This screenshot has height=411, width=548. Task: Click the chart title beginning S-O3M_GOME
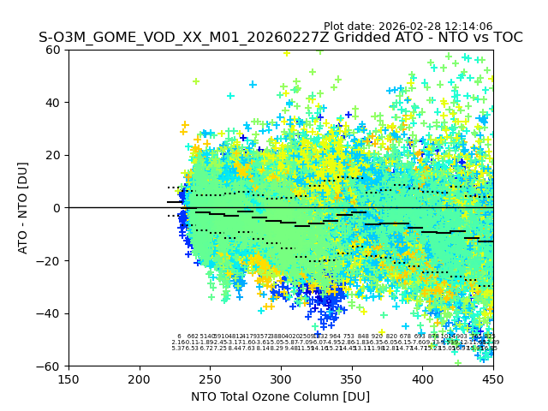coord(280,39)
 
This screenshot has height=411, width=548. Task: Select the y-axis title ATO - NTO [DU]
coord(24,208)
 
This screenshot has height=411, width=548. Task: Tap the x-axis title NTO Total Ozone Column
coord(280,396)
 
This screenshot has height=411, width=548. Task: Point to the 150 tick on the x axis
coord(68,378)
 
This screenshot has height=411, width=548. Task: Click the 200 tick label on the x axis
coord(140,378)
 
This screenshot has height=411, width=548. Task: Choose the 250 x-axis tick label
coord(210,378)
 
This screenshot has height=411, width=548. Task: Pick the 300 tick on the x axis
coord(281,378)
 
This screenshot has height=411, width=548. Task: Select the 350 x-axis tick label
coord(351,378)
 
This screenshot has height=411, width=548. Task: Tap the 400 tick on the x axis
coord(422,378)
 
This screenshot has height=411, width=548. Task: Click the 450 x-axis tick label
coord(492,378)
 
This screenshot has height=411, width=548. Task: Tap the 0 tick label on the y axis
coord(57,208)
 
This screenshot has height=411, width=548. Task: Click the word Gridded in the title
coord(343,39)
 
